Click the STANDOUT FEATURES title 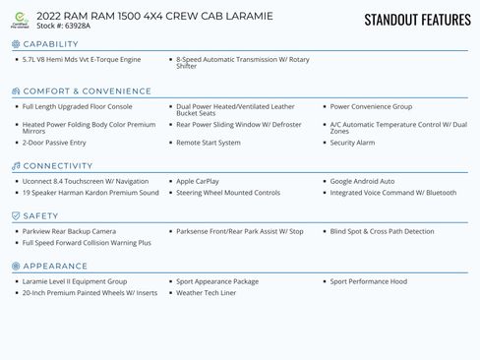click(417, 20)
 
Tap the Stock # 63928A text click(63, 26)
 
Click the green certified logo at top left click(20, 20)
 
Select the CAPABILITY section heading click(50, 44)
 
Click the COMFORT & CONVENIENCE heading click(88, 91)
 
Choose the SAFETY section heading click(40, 216)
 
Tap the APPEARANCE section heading click(55, 267)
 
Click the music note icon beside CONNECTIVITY click(16, 166)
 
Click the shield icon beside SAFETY click(16, 216)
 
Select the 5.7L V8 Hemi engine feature click(82, 59)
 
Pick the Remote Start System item click(209, 143)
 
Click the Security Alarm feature click(352, 143)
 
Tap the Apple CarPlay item click(198, 181)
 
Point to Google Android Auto click(362, 181)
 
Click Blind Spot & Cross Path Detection click(382, 231)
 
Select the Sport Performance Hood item click(368, 281)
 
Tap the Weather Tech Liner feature click(207, 292)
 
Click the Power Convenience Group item click(371, 106)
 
